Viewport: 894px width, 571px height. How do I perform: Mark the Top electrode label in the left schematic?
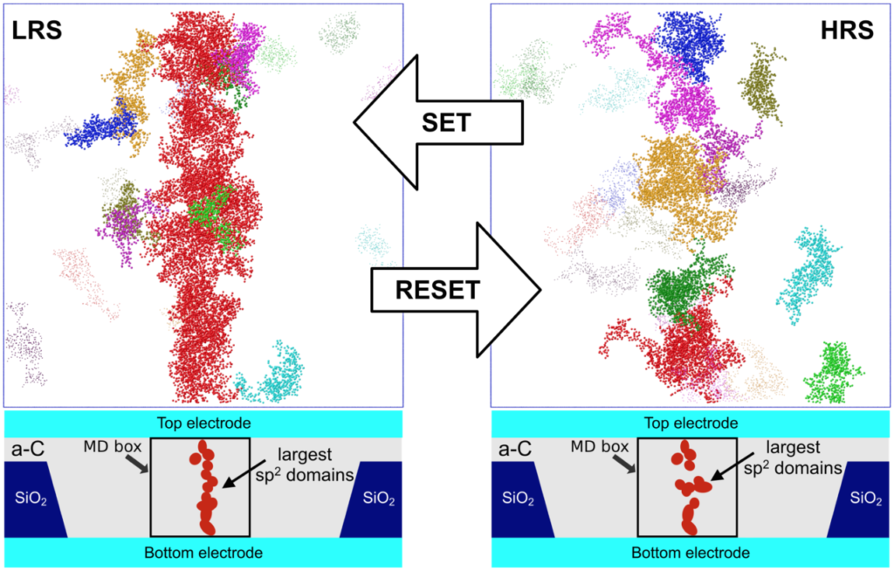[203, 423]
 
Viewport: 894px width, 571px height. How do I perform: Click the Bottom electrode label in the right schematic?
[691, 553]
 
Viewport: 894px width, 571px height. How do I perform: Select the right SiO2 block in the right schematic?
[863, 499]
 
